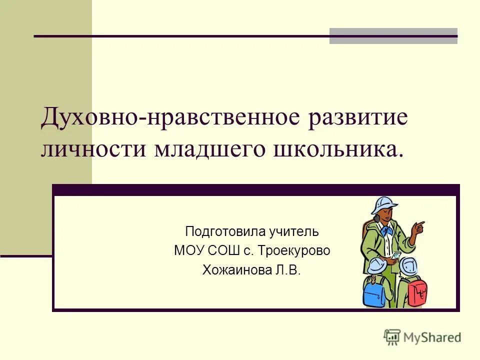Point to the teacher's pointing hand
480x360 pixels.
click(x=418, y=228)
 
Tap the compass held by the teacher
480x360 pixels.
click(x=395, y=255)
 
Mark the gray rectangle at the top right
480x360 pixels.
click(x=393, y=36)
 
